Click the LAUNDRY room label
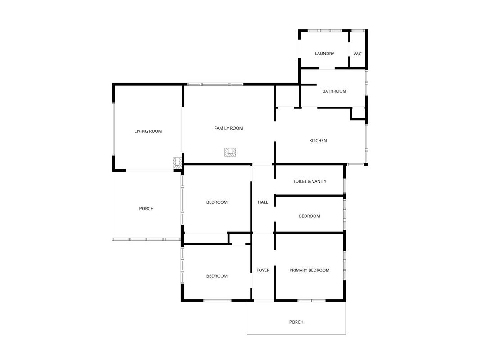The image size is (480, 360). point(324,54)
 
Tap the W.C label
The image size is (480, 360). point(358,54)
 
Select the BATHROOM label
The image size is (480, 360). point(334,91)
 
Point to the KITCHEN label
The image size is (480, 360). point(318,141)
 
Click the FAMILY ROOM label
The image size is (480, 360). point(229,128)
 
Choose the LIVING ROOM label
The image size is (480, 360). point(148,131)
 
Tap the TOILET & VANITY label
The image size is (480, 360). point(310,181)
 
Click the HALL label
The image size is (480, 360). point(263,202)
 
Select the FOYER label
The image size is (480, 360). point(263,270)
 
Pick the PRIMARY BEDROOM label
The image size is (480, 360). point(310,270)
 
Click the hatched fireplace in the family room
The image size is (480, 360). point(230,152)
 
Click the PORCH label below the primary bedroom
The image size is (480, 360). point(296,322)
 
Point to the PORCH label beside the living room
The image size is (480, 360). point(146,209)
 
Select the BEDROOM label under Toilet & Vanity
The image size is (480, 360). point(310,216)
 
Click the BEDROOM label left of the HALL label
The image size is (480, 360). point(217,202)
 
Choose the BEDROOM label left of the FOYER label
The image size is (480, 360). point(217,276)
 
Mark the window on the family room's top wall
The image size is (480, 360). point(215,84)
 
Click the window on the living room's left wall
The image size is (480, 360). point(113,129)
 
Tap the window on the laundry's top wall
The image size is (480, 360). point(325,31)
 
